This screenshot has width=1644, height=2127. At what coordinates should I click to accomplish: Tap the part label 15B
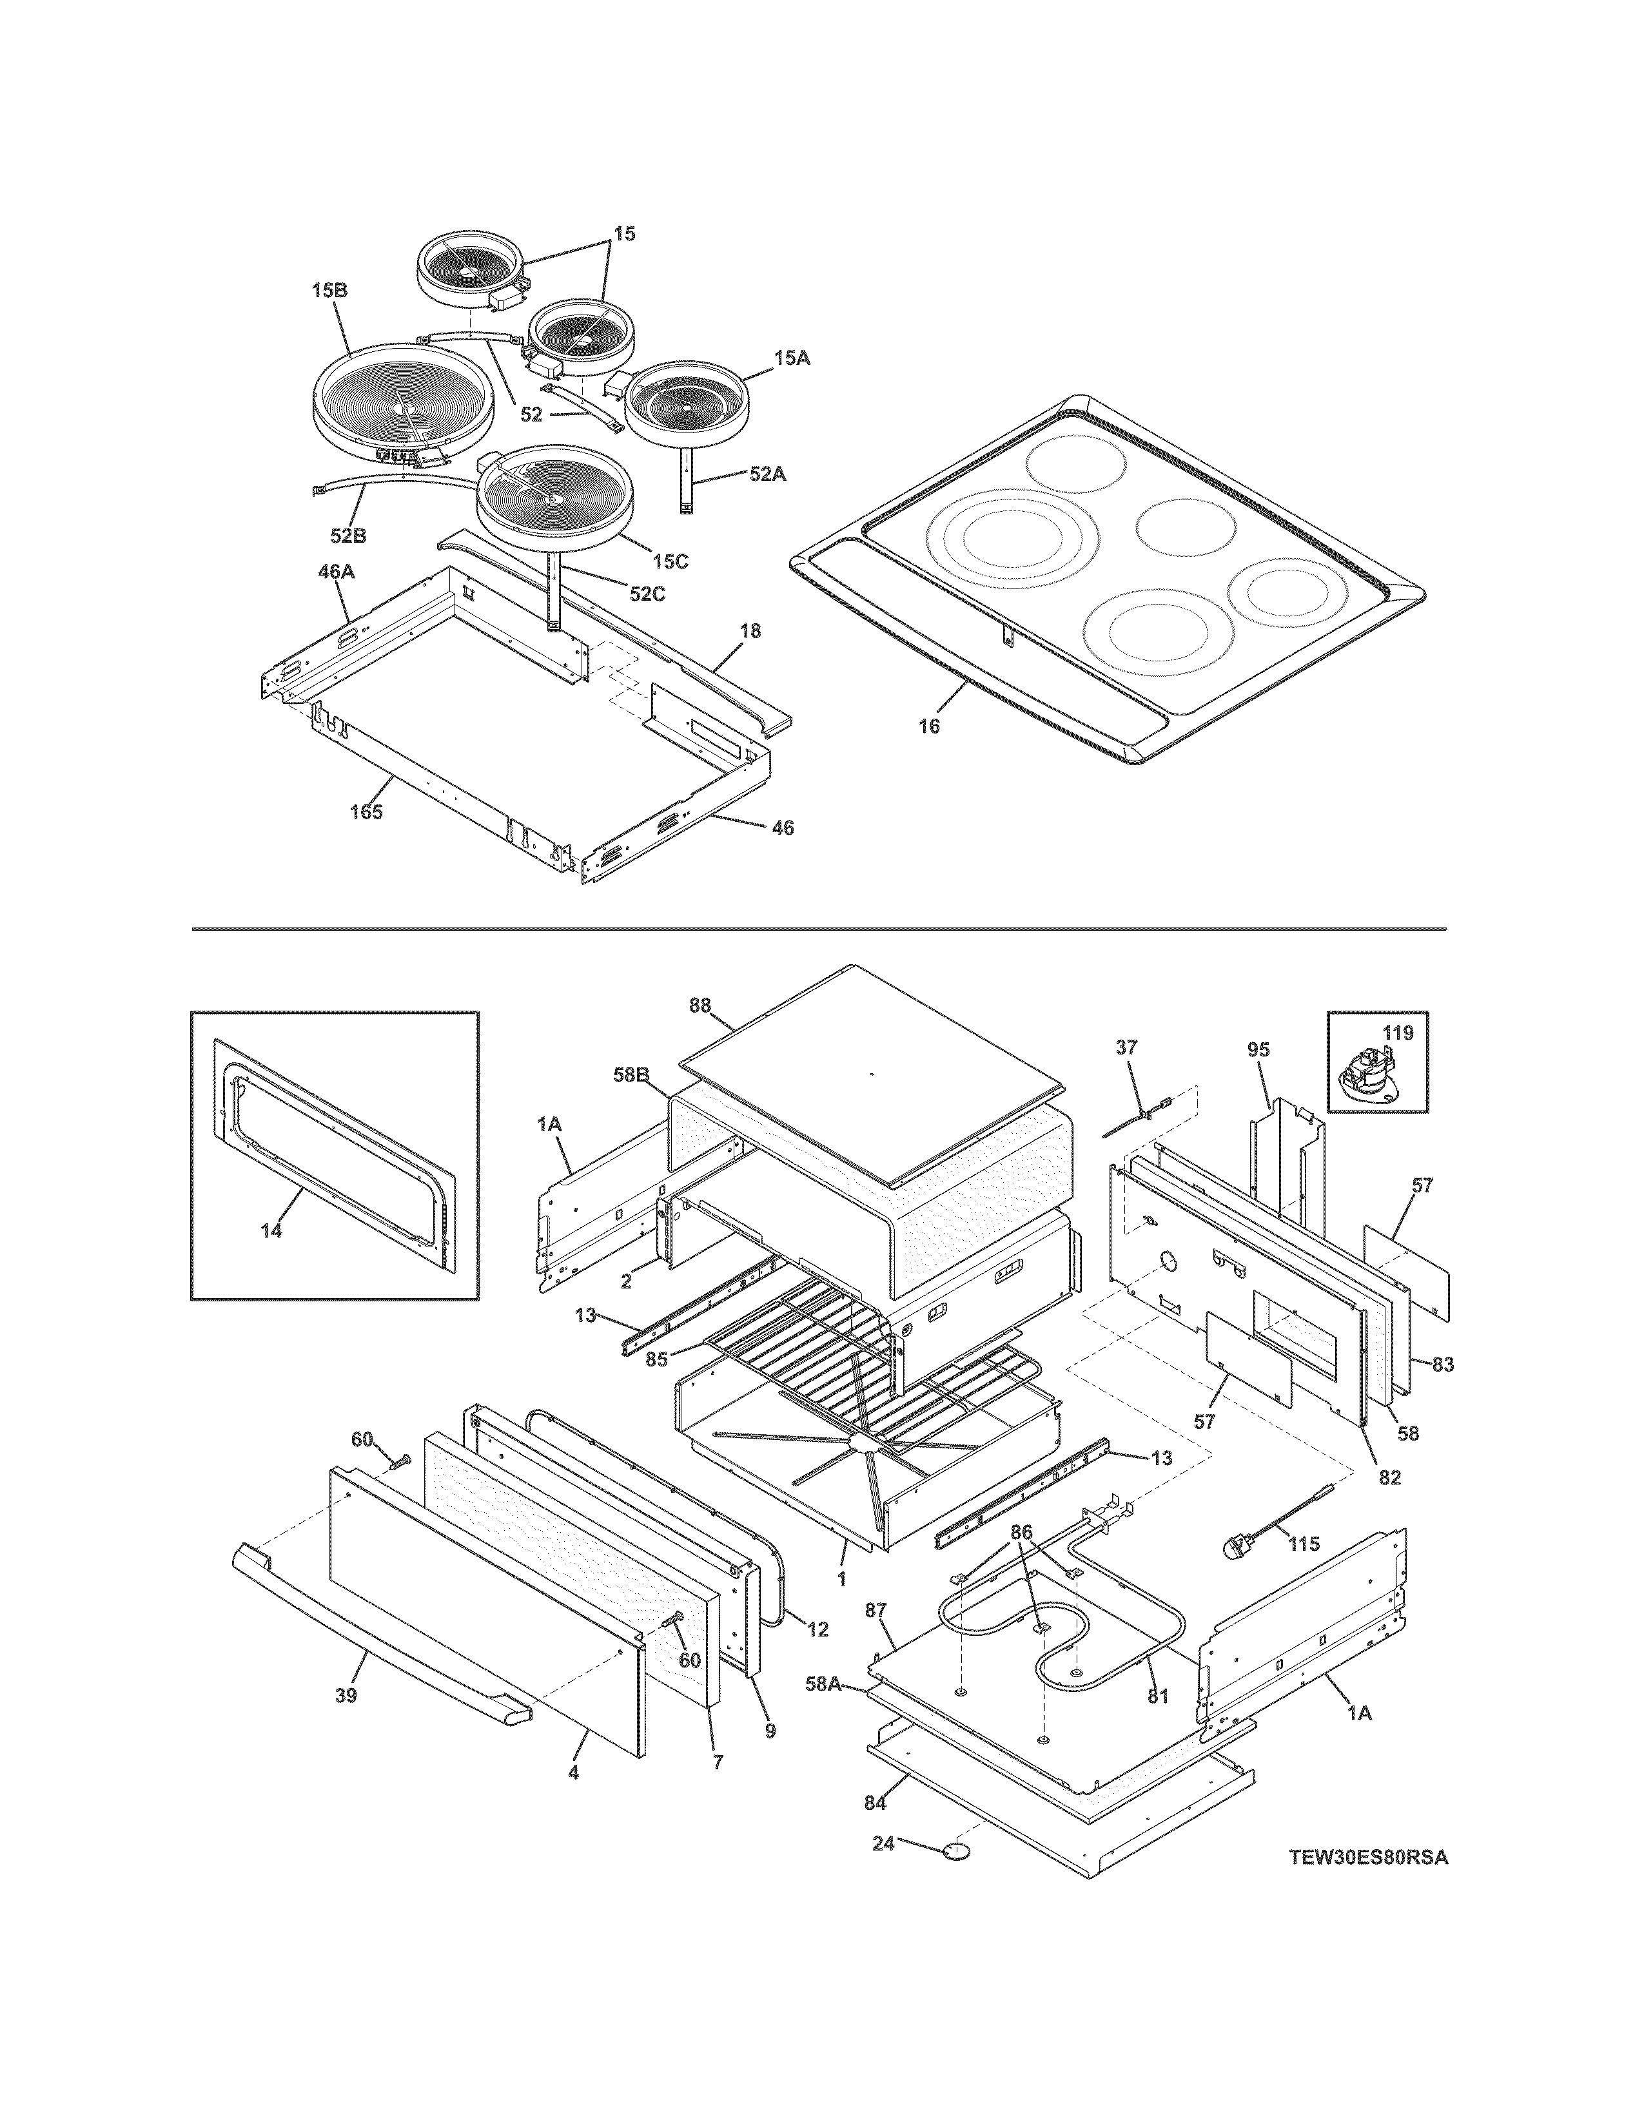tap(330, 290)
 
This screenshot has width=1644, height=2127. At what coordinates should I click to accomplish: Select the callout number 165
tap(366, 811)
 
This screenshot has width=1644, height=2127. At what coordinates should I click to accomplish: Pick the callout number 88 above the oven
tap(700, 1006)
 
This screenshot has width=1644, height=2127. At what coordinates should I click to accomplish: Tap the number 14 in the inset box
tap(271, 1231)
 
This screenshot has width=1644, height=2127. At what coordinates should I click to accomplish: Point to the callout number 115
tap(1303, 1544)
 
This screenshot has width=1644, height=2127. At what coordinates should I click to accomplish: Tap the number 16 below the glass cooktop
tap(929, 726)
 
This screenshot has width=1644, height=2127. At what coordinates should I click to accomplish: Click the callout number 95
tap(1258, 1050)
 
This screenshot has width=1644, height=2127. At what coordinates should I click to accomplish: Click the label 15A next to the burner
tap(792, 358)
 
